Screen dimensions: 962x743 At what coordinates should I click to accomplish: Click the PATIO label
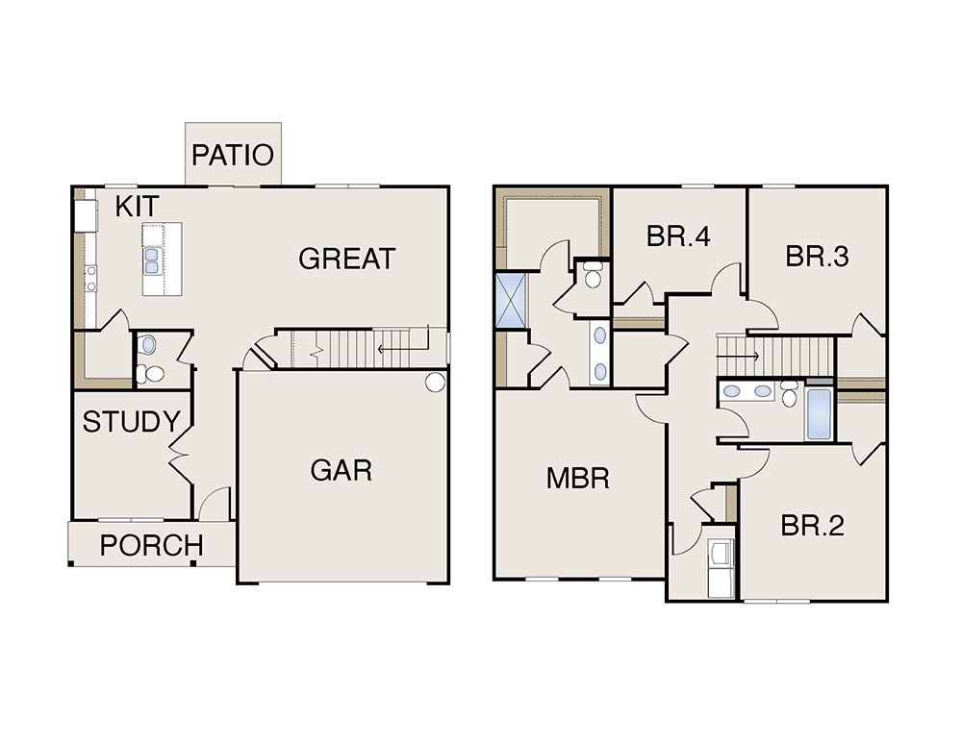(x=233, y=155)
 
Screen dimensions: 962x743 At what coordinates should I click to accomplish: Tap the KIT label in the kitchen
(x=137, y=206)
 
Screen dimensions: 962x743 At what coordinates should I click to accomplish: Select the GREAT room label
(x=346, y=259)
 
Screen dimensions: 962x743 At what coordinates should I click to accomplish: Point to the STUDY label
(x=131, y=422)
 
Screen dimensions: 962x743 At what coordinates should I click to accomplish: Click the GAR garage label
(x=342, y=471)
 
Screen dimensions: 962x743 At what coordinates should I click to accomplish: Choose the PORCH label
(x=152, y=545)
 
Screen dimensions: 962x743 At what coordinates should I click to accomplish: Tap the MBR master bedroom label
(x=578, y=478)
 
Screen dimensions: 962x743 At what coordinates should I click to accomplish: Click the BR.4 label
(x=678, y=236)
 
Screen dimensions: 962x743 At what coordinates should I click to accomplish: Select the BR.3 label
(x=817, y=257)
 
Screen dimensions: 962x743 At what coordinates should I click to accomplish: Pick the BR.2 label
(x=812, y=526)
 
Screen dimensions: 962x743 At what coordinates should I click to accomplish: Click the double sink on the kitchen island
(x=152, y=260)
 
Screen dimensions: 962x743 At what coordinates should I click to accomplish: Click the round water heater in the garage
(x=435, y=382)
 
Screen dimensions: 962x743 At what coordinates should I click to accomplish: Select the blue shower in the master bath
(x=511, y=301)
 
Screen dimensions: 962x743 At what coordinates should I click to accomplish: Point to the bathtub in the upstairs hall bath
(x=819, y=414)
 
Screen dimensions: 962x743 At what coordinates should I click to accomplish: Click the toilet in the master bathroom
(x=592, y=274)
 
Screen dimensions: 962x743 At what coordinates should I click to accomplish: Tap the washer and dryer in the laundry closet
(x=721, y=567)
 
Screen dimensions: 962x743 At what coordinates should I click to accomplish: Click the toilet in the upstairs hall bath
(x=789, y=393)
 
